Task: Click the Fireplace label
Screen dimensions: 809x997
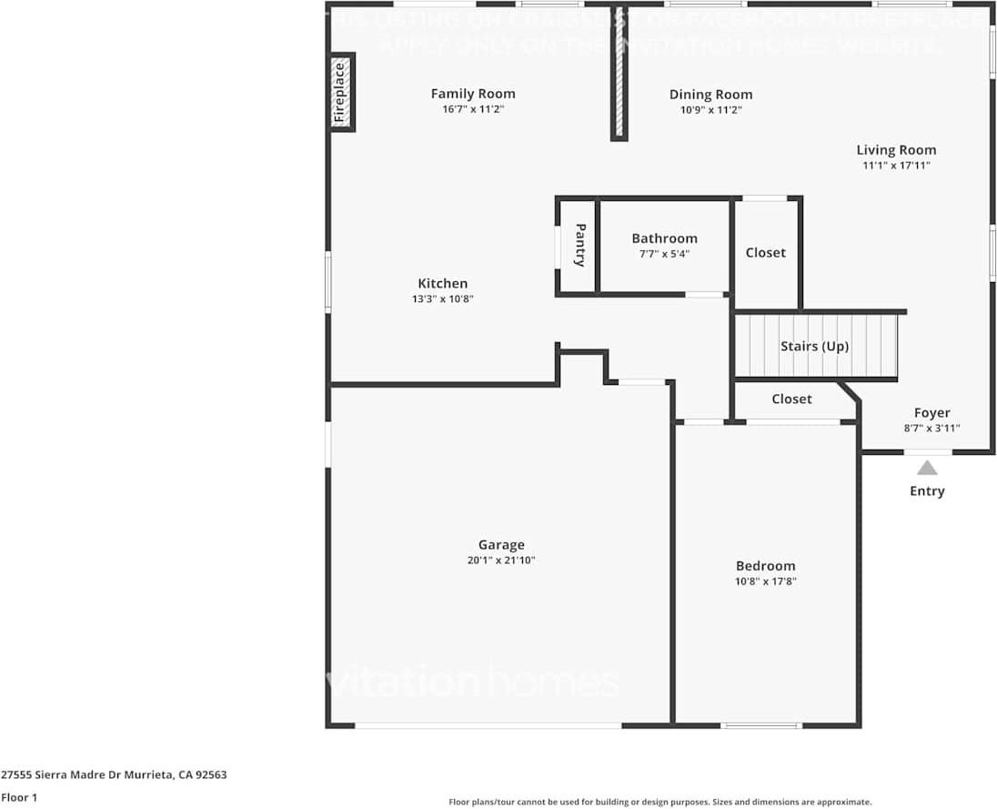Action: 340,92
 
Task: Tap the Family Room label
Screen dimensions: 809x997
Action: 473,94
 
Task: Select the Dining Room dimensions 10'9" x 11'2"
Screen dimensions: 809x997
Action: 710,110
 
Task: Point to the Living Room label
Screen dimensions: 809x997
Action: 896,150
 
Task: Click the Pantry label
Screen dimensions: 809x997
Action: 579,246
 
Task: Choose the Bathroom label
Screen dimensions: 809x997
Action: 665,238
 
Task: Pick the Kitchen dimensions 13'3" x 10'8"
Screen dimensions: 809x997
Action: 443,298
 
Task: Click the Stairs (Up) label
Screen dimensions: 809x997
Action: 814,347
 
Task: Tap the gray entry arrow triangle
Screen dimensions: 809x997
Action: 927,468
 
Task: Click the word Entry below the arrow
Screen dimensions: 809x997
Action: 927,491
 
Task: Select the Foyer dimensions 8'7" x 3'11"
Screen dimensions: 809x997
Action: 932,428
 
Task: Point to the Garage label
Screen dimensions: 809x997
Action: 501,545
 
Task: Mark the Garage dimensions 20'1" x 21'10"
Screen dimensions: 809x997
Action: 501,561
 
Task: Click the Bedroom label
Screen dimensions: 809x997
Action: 765,566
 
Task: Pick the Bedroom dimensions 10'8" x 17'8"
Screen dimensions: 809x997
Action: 765,581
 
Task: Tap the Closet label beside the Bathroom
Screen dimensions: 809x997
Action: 765,252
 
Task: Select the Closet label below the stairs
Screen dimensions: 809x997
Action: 791,399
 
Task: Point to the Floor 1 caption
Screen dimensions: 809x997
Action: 19,798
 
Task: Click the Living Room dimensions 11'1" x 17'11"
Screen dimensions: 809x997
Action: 896,166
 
